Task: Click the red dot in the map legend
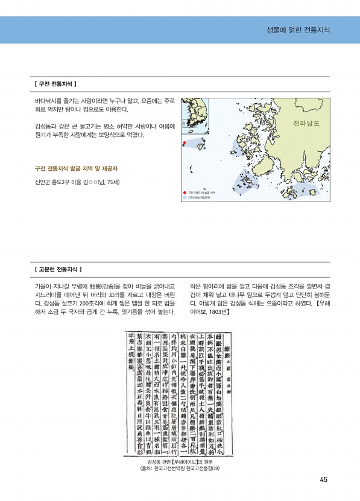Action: pos(184,193)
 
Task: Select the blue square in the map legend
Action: pos(184,197)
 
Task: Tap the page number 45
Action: pos(324,480)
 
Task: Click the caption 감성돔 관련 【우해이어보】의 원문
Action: pos(180,461)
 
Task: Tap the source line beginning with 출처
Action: pos(180,468)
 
